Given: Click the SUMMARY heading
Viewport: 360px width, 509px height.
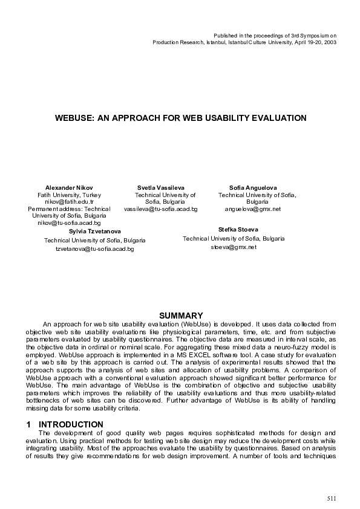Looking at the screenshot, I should (180, 316).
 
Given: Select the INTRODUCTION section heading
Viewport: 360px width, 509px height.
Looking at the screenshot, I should (71, 424).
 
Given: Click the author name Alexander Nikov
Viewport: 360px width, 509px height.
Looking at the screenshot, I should (70, 187).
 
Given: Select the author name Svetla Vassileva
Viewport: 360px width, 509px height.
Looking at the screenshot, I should (161, 187).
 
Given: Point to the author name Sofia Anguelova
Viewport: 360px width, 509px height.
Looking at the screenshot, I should (253, 187).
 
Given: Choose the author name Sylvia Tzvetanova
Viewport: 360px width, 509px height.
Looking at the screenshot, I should (94, 232).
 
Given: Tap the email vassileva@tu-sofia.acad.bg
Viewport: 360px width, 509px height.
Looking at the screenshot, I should (161, 209).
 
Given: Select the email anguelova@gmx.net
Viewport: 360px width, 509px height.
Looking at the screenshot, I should (253, 209).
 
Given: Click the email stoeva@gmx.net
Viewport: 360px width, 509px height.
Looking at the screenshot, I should (234, 247).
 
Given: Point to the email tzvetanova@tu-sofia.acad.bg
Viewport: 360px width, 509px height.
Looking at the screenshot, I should (94, 248).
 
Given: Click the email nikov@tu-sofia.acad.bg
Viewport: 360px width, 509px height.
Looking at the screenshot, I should (69, 222).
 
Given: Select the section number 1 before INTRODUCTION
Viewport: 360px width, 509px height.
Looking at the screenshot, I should (28, 424).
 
